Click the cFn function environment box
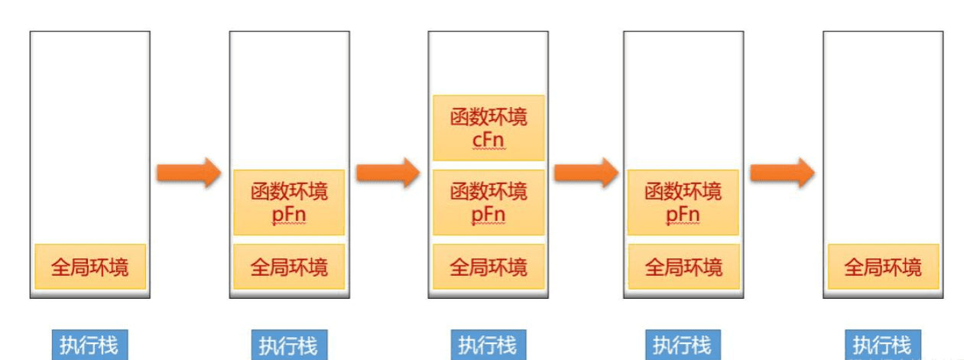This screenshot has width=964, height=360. [488, 128]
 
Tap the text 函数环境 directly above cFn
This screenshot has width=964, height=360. [488, 117]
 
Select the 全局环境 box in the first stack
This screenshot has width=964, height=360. [89, 267]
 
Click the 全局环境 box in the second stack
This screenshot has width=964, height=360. [289, 267]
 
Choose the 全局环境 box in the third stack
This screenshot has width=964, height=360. [488, 267]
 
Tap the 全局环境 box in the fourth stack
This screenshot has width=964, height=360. [683, 267]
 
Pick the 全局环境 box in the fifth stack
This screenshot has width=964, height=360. [883, 267]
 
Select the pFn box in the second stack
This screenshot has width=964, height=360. [289, 202]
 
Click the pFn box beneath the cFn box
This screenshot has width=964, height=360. [488, 202]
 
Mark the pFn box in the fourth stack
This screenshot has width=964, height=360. [683, 202]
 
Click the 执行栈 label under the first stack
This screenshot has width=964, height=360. [89, 345]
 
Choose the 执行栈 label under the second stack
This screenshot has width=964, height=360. [289, 345]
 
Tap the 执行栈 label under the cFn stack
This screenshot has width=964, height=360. [488, 345]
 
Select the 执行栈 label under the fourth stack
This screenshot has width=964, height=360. [683, 345]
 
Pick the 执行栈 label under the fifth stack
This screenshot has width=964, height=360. [882, 344]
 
